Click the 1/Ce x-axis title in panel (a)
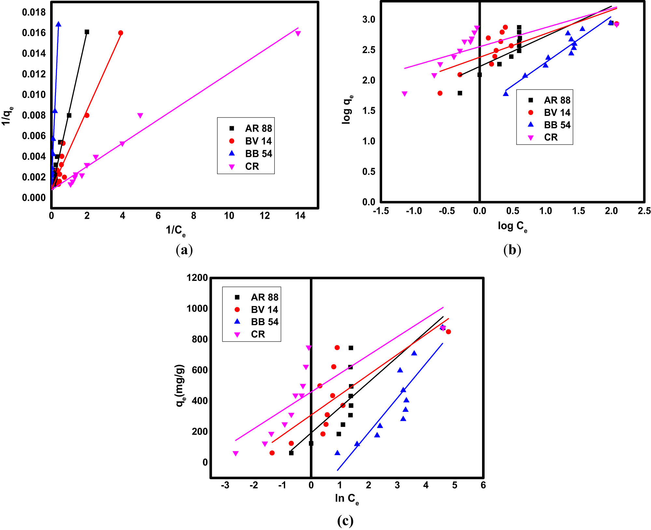tap(175, 230)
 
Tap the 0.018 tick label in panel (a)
tap(34, 12)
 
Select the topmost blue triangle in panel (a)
tap(58, 24)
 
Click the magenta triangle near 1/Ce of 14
tap(298, 34)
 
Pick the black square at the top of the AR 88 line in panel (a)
tap(87, 32)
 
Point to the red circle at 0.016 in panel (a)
tap(121, 33)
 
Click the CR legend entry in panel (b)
tap(550, 137)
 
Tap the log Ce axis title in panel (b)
tap(512, 226)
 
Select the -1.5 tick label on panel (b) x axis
tap(381, 211)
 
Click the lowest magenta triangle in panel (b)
tap(405, 94)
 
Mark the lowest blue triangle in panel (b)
tap(506, 94)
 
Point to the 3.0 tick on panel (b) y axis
tap(369, 19)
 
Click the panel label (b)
tap(512, 250)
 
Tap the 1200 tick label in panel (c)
tap(197, 278)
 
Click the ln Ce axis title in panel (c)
tap(347, 498)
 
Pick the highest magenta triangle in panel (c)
tap(309, 348)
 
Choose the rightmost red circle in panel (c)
tap(448, 332)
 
